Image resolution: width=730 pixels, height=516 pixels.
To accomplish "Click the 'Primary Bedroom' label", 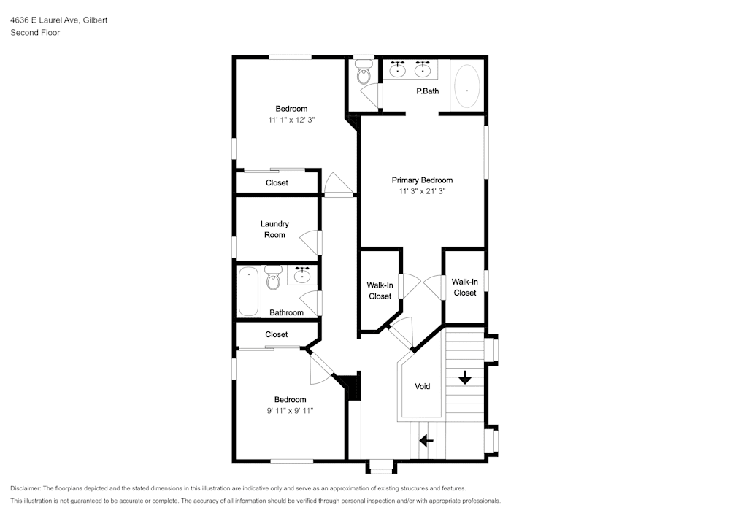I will pyautogui.click(x=422, y=180).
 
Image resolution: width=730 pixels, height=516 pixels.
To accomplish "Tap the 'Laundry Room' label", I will pyautogui.click(x=274, y=229).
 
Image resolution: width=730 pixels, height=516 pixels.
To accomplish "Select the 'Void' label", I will pyautogui.click(x=422, y=386).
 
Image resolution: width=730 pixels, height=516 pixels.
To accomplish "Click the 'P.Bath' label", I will pyautogui.click(x=427, y=91).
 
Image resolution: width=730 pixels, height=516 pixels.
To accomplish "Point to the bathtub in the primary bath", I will pyautogui.click(x=467, y=87).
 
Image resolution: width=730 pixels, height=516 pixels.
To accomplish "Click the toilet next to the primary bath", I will pyautogui.click(x=363, y=72).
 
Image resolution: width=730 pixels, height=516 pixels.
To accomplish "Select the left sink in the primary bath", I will pyautogui.click(x=398, y=70).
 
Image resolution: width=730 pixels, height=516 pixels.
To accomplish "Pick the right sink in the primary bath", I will pyautogui.click(x=423, y=70).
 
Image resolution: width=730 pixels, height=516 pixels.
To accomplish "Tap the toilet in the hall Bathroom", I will pyautogui.click(x=273, y=277).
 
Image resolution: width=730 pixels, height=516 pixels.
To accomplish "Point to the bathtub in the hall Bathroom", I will pyautogui.click(x=248, y=291).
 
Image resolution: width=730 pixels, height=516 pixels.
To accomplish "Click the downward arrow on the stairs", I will pyautogui.click(x=464, y=378).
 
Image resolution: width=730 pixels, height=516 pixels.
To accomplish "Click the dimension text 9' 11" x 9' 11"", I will pyautogui.click(x=290, y=410).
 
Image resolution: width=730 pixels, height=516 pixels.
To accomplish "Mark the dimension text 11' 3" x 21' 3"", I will pyautogui.click(x=422, y=191).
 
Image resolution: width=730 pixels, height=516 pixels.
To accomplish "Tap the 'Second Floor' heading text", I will pyautogui.click(x=35, y=33).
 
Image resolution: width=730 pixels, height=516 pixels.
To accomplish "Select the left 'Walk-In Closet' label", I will pyautogui.click(x=380, y=290).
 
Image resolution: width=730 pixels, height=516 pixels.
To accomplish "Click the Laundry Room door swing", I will pyautogui.click(x=311, y=242).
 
